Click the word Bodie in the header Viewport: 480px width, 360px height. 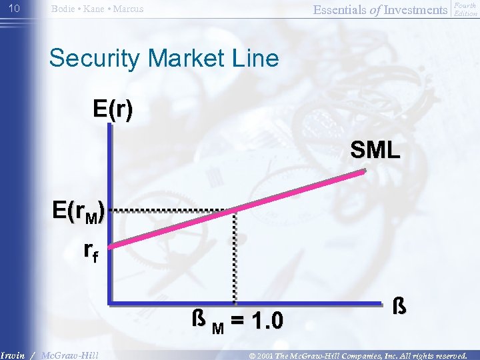click(x=64, y=9)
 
